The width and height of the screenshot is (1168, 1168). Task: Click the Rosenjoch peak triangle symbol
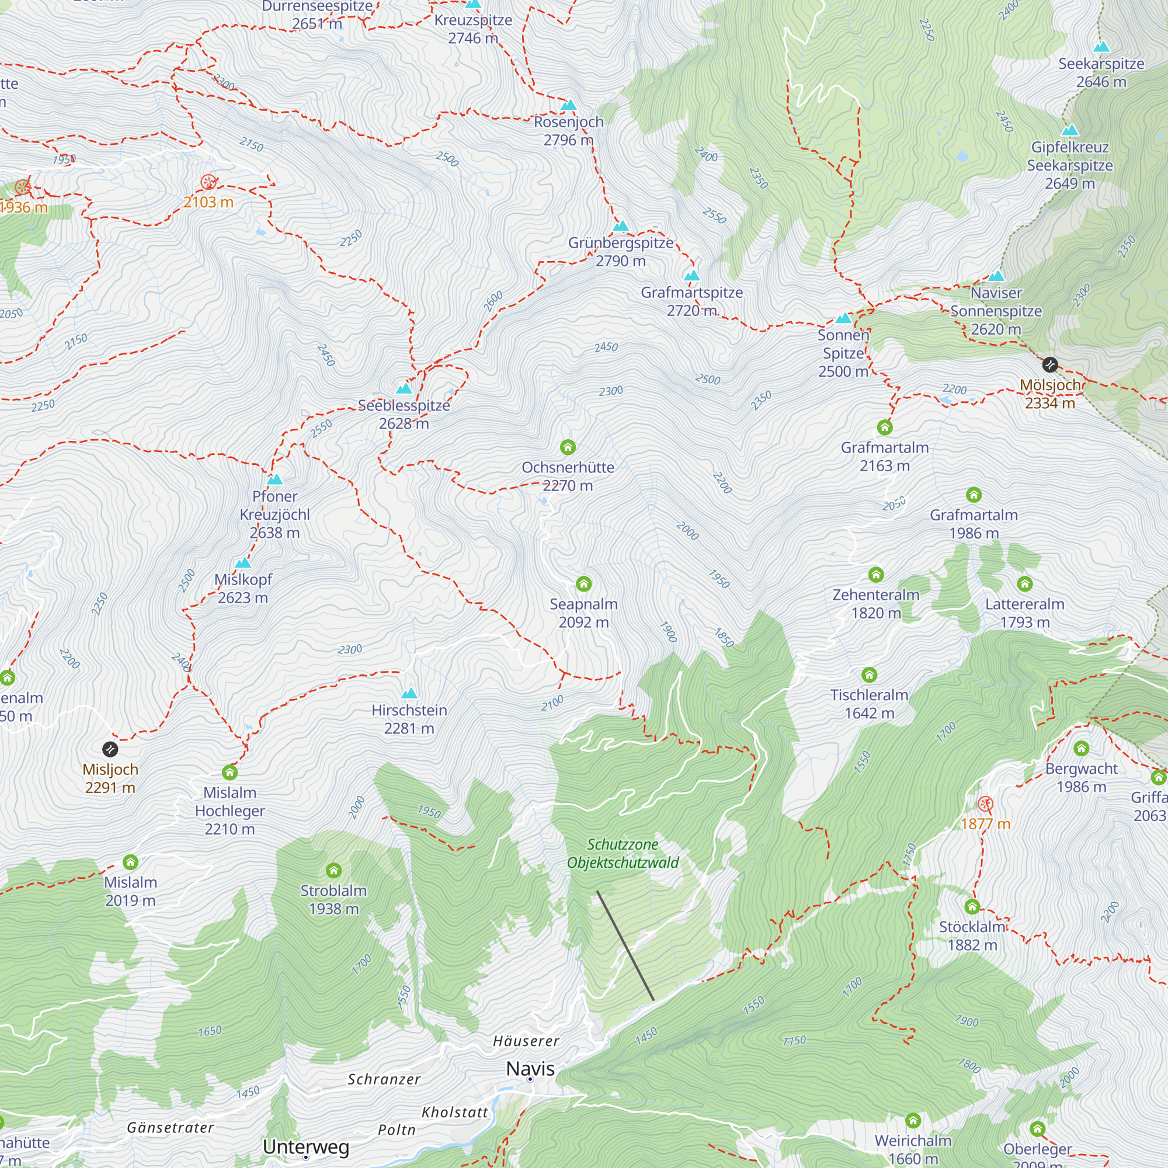click(x=568, y=105)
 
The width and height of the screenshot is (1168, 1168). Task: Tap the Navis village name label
click(x=530, y=1068)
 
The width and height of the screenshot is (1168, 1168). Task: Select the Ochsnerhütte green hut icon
click(x=567, y=447)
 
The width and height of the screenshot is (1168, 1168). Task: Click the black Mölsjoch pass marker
click(x=1049, y=364)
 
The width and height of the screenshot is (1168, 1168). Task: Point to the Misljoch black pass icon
click(x=110, y=750)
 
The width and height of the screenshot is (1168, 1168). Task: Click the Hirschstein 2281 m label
click(x=409, y=719)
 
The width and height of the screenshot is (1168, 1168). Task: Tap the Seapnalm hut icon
click(x=583, y=584)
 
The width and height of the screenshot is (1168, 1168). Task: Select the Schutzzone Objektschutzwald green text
click(x=623, y=853)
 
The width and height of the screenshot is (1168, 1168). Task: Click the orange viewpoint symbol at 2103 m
click(x=208, y=182)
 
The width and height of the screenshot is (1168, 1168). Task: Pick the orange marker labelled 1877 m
click(x=985, y=804)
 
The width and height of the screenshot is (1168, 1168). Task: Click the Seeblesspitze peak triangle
click(x=404, y=388)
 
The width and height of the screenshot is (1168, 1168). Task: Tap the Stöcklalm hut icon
click(x=972, y=907)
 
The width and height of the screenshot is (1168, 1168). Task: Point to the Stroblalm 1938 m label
click(x=333, y=899)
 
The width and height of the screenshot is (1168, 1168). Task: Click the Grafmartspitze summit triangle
click(x=691, y=276)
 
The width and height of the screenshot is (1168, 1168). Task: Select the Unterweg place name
click(x=306, y=1146)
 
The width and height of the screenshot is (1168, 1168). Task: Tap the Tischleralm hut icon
click(x=870, y=675)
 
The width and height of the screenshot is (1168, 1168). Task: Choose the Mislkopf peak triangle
click(x=243, y=563)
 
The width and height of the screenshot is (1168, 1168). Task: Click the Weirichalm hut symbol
click(x=913, y=1121)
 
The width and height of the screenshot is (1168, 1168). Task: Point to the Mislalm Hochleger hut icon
click(x=230, y=773)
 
